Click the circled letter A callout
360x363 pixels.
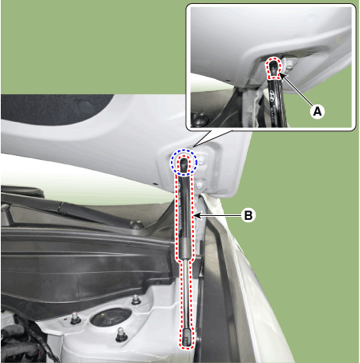pyautogui.click(x=317, y=112)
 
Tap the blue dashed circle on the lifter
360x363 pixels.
pyautogui.click(x=184, y=162)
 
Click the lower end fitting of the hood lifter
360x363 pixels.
pyautogui.click(x=185, y=337)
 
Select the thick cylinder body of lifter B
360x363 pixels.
pyautogui.click(x=184, y=217)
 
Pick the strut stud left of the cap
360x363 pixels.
pyautogui.click(x=74, y=320)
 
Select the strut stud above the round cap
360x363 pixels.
pyautogui.click(x=135, y=301)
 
